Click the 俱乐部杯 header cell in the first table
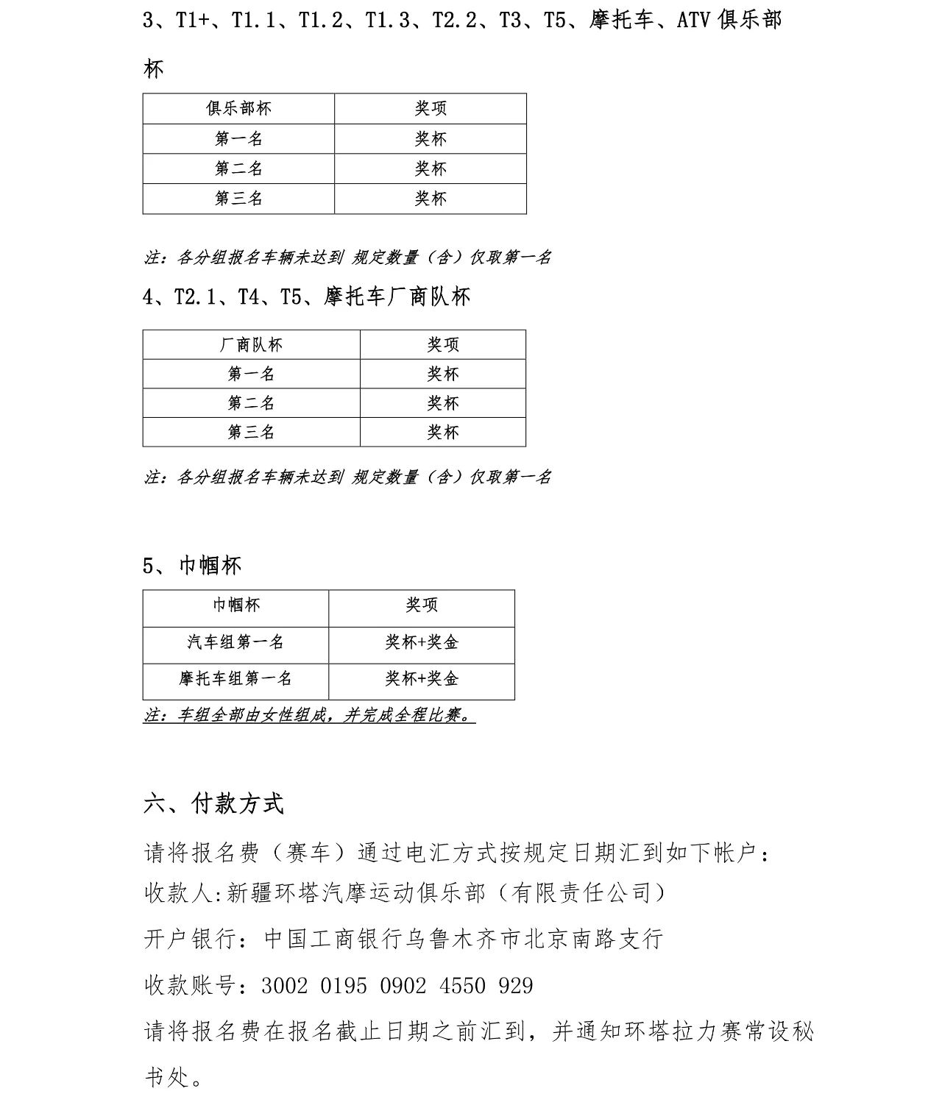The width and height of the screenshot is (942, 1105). point(238,109)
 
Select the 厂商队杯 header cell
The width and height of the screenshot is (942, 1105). point(251,344)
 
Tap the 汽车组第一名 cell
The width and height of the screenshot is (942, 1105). point(235,642)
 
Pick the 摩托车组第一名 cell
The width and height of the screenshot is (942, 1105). point(235,678)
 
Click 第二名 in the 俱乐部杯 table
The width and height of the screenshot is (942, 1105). point(238,168)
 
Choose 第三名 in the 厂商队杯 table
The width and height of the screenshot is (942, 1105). point(251,432)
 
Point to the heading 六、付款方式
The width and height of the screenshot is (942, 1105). point(213,803)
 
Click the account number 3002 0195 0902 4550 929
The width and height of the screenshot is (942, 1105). point(397,985)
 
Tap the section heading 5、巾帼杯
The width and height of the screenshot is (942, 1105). point(192,565)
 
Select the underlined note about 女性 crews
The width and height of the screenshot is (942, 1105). point(309,715)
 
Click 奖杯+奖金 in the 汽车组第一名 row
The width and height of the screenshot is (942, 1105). point(422,642)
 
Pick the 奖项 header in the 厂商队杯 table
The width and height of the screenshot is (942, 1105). point(443,344)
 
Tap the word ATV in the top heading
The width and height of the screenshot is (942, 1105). point(692,20)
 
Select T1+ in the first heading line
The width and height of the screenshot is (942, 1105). point(192,20)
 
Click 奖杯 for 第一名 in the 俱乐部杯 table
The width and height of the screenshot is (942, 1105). point(431,139)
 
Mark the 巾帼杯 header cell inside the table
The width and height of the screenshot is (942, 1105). point(235,605)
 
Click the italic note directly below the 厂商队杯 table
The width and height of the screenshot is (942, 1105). point(347,477)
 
